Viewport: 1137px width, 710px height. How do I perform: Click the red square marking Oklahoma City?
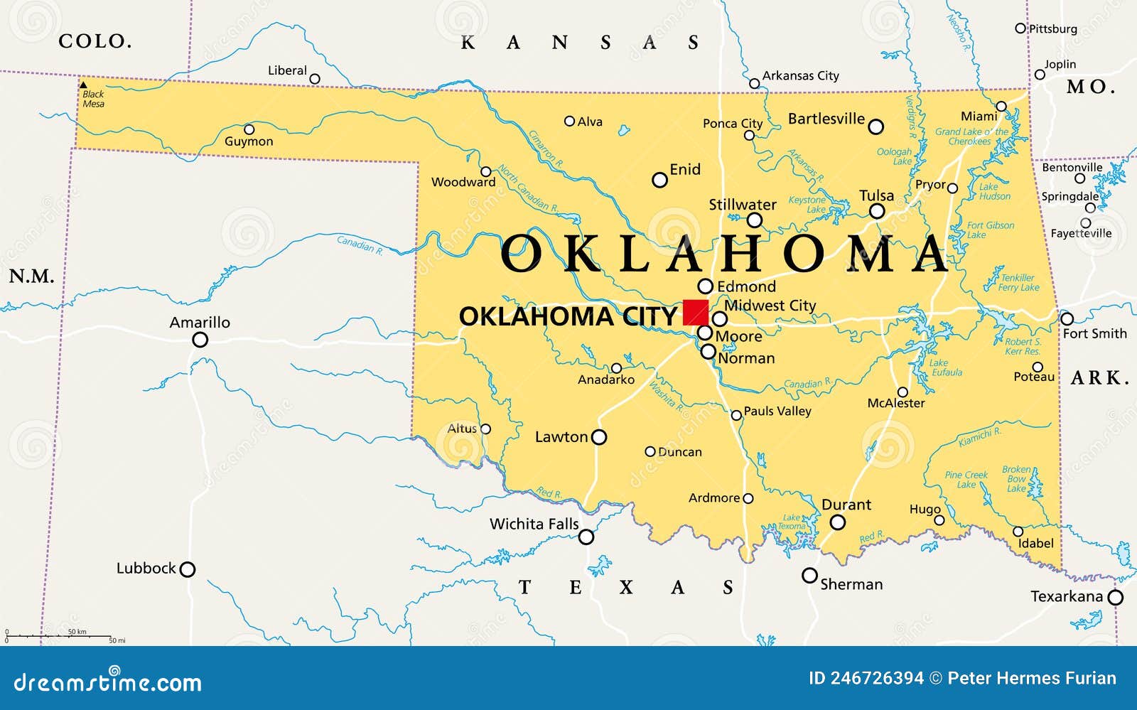tap(695, 312)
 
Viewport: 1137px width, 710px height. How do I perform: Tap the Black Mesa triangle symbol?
tap(83, 84)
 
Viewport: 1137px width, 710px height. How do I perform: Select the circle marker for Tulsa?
tap(877, 211)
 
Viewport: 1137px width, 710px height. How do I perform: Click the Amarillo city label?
tap(200, 322)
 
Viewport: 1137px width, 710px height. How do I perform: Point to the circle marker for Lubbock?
tap(187, 569)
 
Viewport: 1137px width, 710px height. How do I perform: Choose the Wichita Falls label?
tap(534, 524)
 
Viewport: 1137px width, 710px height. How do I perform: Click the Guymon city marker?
tap(249, 129)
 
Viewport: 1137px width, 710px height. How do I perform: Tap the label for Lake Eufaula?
tap(946, 367)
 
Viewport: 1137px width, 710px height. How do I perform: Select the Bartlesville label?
tap(826, 119)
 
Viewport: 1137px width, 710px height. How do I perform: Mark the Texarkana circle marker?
tap(1116, 598)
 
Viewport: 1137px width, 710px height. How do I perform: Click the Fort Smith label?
tap(1094, 333)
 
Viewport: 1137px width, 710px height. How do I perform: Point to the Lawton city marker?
tap(599, 437)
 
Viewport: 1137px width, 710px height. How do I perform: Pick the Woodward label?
tap(463, 182)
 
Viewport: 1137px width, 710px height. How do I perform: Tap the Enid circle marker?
tap(659, 180)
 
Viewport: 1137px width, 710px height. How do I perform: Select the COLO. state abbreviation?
tap(95, 41)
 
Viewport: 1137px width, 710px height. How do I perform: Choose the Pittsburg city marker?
tap(1020, 28)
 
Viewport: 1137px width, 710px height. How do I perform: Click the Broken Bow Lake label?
tap(1016, 478)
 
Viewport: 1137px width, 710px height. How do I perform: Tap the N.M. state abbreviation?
tap(31, 276)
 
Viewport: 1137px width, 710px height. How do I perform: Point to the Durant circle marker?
tap(838, 522)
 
